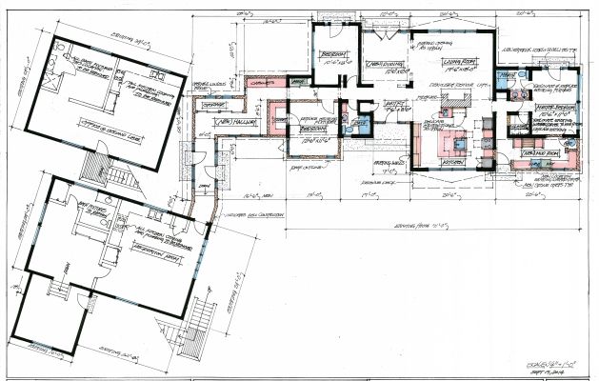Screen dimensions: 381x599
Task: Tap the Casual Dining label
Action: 382,63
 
